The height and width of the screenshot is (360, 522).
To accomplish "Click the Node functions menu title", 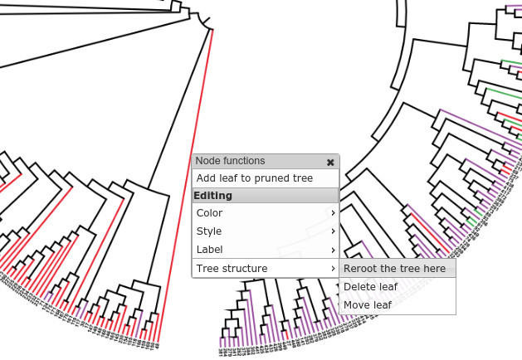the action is pyautogui.click(x=230, y=161).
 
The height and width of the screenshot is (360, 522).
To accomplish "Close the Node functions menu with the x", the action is pyautogui.click(x=330, y=162).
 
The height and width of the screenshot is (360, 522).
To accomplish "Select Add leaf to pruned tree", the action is pyautogui.click(x=254, y=178).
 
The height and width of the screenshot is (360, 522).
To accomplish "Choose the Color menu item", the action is pyautogui.click(x=209, y=213).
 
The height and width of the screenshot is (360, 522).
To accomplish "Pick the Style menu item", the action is pyautogui.click(x=208, y=231).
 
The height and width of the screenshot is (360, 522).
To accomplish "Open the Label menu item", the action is pyautogui.click(x=209, y=250).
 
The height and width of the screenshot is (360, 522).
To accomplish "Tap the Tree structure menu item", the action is pyautogui.click(x=232, y=269).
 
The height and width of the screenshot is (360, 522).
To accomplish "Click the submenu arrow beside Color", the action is pyautogui.click(x=333, y=213).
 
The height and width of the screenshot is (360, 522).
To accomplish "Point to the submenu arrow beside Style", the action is pyautogui.click(x=333, y=231).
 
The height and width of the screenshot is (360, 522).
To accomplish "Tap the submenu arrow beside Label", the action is pyautogui.click(x=333, y=250).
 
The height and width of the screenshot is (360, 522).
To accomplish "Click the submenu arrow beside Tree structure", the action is pyautogui.click(x=333, y=269).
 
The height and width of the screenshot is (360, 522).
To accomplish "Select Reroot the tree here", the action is pyautogui.click(x=394, y=269).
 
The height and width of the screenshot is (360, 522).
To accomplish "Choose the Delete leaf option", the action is pyautogui.click(x=370, y=287).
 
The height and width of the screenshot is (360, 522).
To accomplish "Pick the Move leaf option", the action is pyautogui.click(x=367, y=305).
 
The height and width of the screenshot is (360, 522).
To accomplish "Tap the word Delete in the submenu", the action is pyautogui.click(x=359, y=287).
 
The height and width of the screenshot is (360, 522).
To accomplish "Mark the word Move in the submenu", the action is pyautogui.click(x=357, y=305).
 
